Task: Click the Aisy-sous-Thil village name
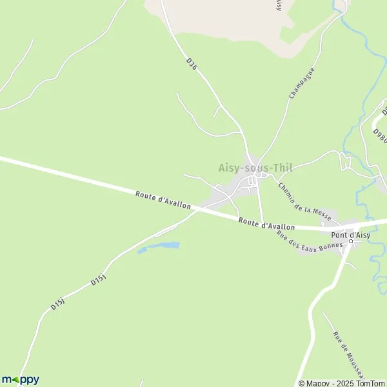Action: [255, 168]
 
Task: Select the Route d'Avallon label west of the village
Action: [163, 199]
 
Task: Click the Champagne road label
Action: [301, 83]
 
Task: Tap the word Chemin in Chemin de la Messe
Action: [288, 193]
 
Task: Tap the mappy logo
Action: [20, 379]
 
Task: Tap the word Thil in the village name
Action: [281, 168]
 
